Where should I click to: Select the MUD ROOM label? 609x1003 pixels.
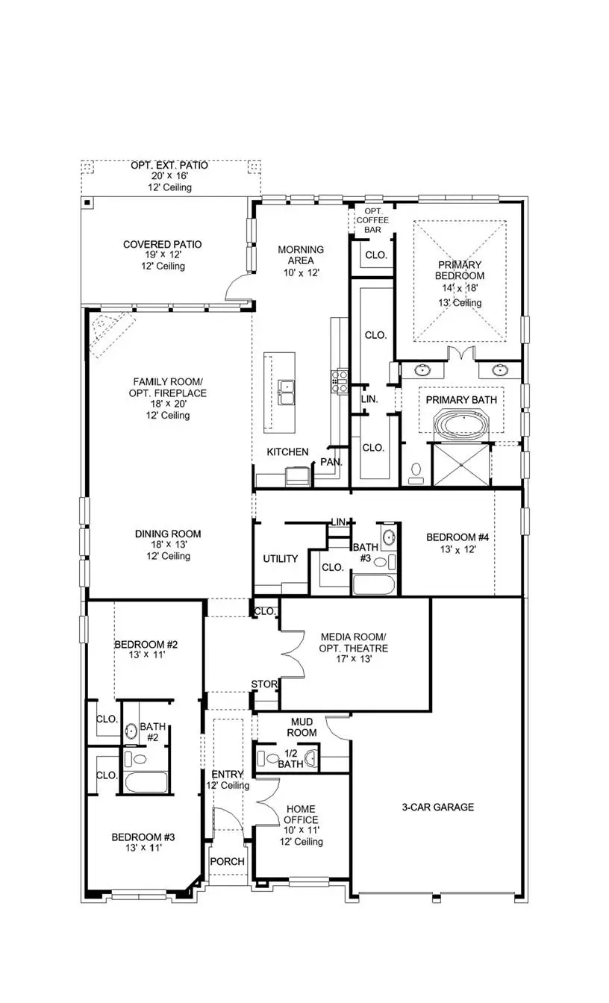click(302, 727)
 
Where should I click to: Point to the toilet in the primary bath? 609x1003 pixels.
click(416, 470)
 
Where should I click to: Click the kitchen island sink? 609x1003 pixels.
click(286, 388)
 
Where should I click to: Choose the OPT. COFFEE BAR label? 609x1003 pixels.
click(371, 221)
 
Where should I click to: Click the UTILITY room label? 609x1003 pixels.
click(281, 558)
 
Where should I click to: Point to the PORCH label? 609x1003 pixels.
click(227, 861)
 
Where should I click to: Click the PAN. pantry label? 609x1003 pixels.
click(331, 462)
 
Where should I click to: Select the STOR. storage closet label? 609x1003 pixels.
click(264, 684)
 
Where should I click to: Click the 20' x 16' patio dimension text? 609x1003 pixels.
click(171, 176)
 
